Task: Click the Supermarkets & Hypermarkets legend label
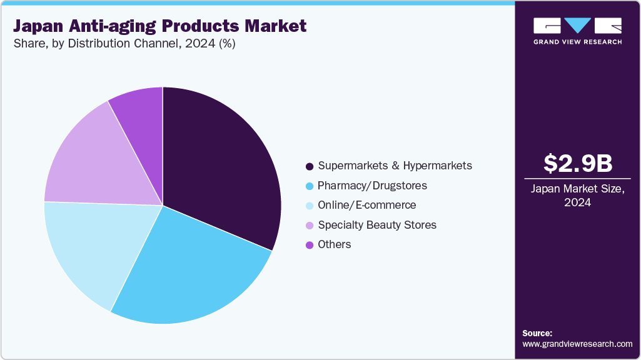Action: (x=395, y=166)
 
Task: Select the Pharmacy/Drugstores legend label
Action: (x=372, y=186)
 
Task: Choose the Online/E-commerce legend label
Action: (x=366, y=205)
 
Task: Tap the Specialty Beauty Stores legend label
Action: (x=377, y=224)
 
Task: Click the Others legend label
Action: (x=335, y=244)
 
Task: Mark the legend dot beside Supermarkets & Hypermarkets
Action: (x=310, y=166)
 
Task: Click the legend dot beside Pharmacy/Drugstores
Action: (x=310, y=186)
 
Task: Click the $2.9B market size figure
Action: (x=577, y=163)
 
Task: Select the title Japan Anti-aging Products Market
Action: (x=160, y=26)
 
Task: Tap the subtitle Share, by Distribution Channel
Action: (x=124, y=44)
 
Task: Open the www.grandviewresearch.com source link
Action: (x=577, y=344)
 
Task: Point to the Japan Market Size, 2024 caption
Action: (x=577, y=196)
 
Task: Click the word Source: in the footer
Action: (x=537, y=333)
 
